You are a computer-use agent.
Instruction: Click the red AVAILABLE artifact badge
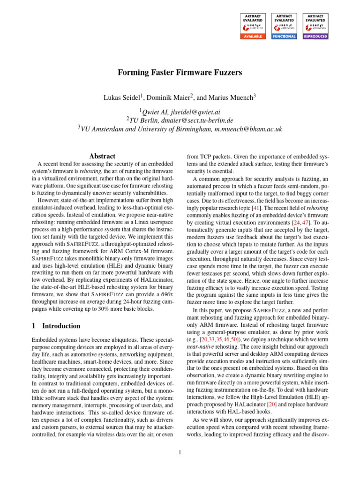[x=253, y=26]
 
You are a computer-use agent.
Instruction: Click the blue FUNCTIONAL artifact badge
[x=284, y=26]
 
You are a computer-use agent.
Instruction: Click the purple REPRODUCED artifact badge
[x=315, y=26]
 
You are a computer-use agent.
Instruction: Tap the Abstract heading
[x=102, y=156]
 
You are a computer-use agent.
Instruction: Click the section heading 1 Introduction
[x=56, y=326]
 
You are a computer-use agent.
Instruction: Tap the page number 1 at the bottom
[x=180, y=453]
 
